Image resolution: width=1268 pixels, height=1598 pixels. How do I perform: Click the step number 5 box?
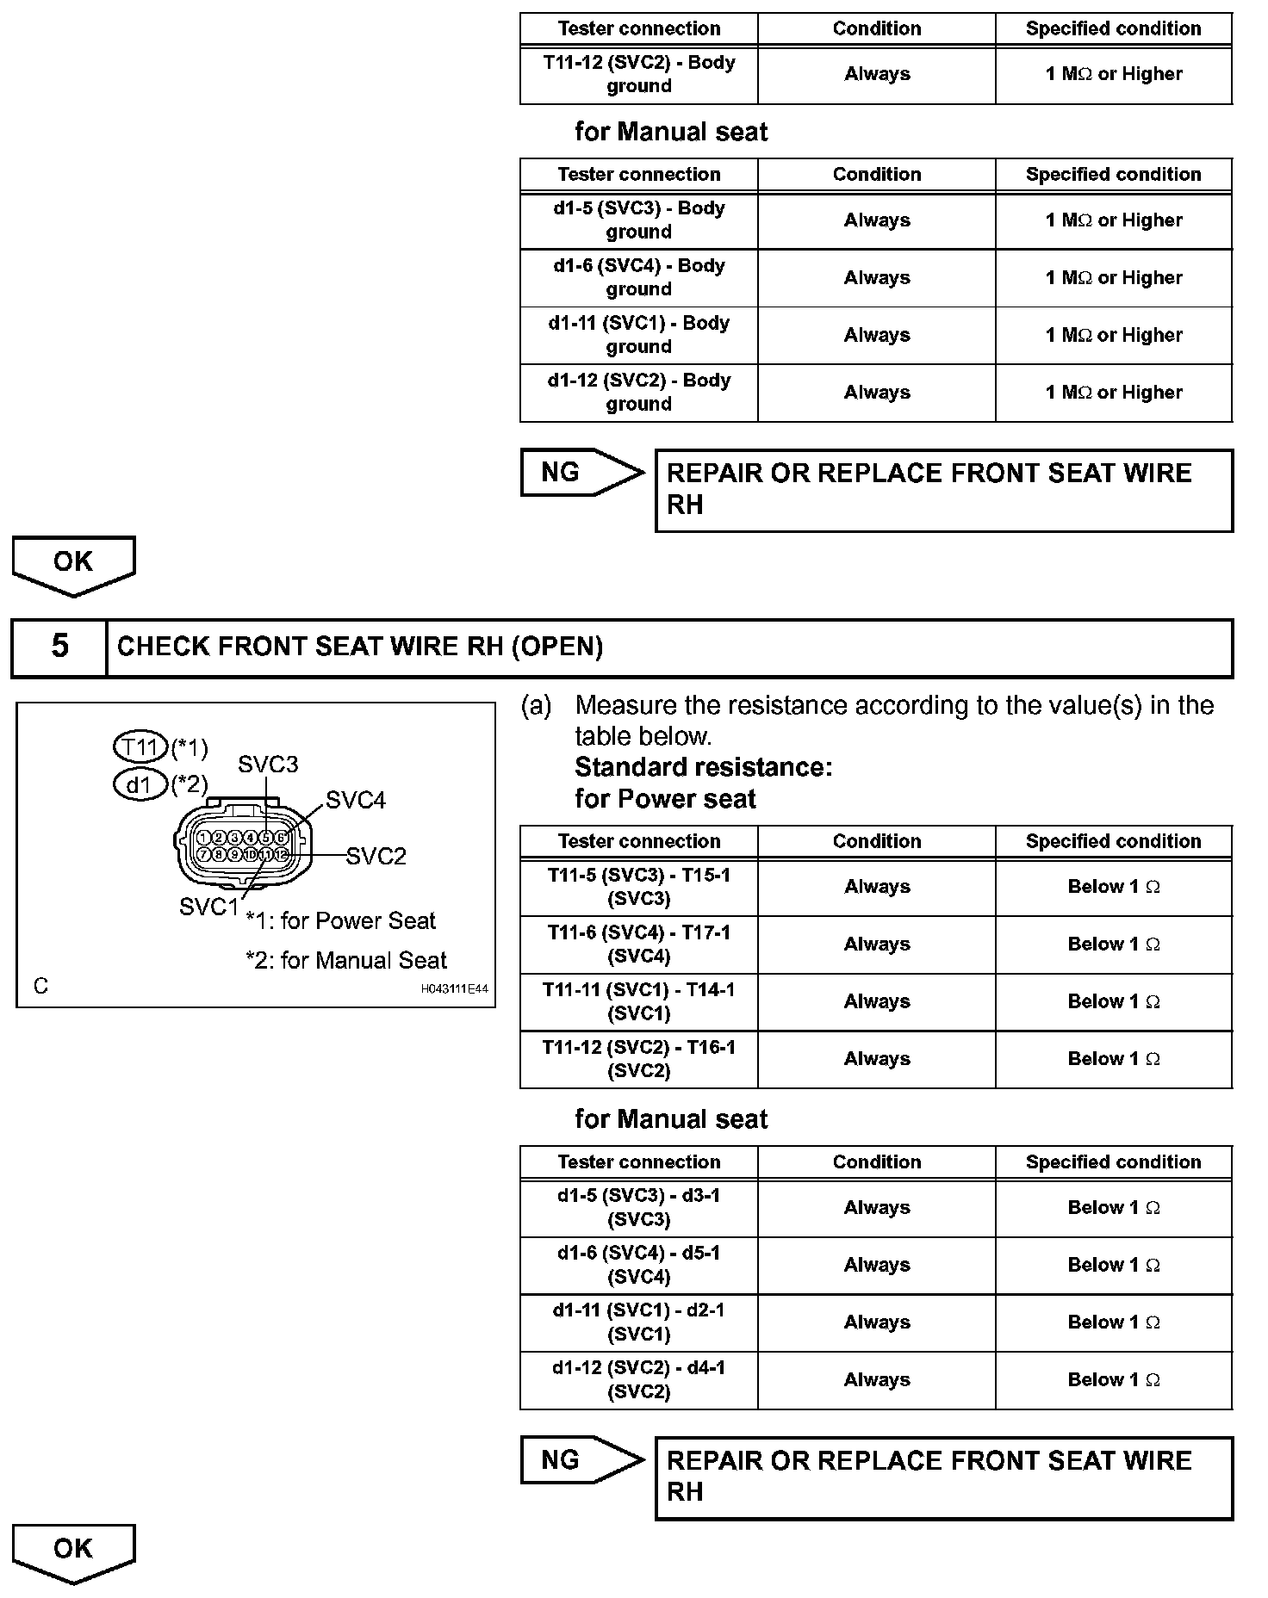tap(59, 647)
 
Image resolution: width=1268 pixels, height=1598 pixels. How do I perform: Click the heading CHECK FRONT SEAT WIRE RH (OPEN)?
tap(359, 647)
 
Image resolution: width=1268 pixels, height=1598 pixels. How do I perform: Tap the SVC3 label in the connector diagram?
tap(268, 765)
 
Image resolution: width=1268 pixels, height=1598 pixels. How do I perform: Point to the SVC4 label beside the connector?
tap(356, 801)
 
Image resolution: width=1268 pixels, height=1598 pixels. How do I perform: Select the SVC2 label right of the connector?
tap(376, 857)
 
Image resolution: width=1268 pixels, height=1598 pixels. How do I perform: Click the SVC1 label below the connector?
tap(208, 907)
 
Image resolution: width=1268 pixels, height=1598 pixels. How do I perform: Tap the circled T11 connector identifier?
tap(140, 746)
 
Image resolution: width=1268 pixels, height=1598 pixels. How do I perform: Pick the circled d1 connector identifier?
tap(139, 784)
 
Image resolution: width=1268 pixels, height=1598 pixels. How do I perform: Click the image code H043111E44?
tap(454, 989)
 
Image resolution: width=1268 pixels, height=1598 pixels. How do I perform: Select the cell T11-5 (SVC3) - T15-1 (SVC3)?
tap(638, 887)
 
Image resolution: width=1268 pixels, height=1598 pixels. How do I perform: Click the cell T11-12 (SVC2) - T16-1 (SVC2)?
tap(638, 1059)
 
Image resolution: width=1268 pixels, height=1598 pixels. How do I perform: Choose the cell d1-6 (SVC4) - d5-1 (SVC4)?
tap(638, 1265)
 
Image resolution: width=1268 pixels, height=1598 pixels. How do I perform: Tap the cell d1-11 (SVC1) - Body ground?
tap(638, 335)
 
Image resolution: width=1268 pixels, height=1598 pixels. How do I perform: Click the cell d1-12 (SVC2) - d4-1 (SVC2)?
tap(638, 1379)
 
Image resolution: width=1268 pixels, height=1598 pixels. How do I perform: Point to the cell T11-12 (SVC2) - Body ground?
tap(638, 74)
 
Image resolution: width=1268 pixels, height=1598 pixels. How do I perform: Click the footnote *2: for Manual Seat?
tap(346, 960)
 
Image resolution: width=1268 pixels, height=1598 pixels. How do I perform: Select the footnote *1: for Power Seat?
tap(341, 920)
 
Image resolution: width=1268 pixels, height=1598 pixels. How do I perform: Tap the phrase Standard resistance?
tap(703, 767)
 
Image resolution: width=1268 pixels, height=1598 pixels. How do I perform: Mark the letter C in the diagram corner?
tap(40, 986)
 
